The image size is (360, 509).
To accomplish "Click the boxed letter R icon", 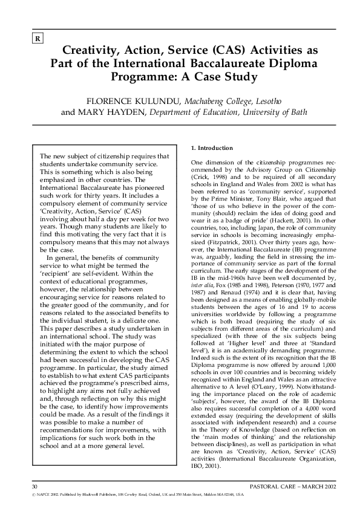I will pyautogui.click(x=38, y=40).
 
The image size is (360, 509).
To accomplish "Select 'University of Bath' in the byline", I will pyautogui.click(x=273, y=112).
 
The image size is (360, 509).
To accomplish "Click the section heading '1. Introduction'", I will pyautogui.click(x=212, y=148).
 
